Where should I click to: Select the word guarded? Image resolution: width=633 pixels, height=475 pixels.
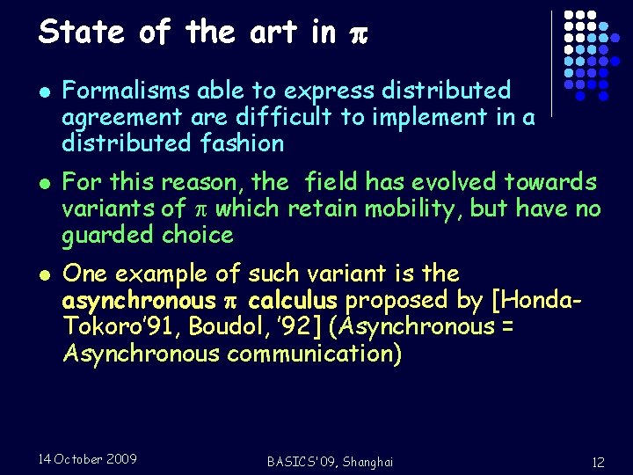(x=109, y=235)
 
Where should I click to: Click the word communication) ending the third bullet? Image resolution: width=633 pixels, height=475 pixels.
(x=314, y=353)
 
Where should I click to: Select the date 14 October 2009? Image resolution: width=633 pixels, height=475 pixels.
(x=88, y=458)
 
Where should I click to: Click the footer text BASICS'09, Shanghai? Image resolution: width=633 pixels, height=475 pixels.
(x=331, y=462)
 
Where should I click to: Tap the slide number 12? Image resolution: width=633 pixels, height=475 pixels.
(x=598, y=462)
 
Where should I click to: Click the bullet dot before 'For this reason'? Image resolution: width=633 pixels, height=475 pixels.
(x=44, y=184)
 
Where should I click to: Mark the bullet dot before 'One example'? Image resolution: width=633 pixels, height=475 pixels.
(x=44, y=274)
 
